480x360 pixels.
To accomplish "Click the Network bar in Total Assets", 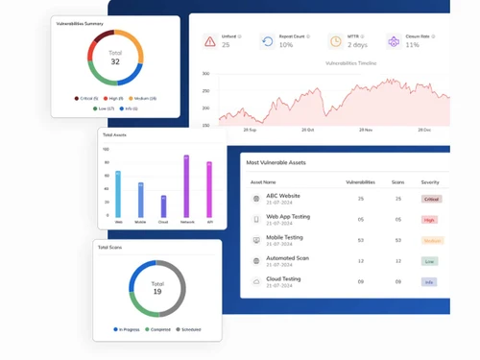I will (186, 186).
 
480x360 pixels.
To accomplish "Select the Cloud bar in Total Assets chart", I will (163, 206).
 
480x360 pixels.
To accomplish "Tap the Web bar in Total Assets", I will (118, 194).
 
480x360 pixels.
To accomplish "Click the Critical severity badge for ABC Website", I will (431, 199).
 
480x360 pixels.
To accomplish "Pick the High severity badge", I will (429, 220).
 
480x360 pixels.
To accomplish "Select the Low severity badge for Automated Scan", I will (429, 261).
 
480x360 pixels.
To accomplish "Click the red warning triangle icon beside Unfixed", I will (209, 41).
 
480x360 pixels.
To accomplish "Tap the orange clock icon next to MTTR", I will (335, 41).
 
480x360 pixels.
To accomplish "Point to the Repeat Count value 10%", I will (286, 45).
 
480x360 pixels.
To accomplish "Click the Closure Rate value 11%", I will (412, 45).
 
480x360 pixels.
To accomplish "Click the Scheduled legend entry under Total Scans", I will (190, 329).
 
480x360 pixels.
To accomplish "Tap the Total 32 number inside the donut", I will (115, 61).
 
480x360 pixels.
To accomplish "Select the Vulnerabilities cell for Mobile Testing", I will (360, 240).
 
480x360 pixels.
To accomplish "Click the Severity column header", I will (429, 181).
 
